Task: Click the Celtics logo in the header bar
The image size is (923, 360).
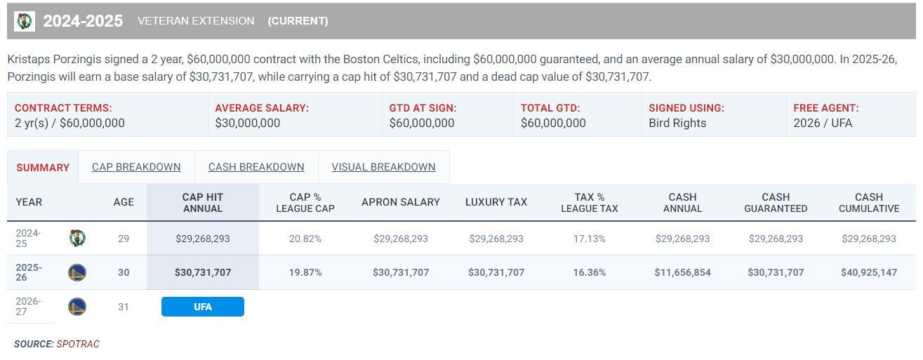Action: tap(25, 21)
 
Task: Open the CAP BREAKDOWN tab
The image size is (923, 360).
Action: tap(136, 167)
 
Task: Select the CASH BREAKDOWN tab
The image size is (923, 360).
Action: tap(256, 167)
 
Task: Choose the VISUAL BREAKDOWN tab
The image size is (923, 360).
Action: tap(383, 167)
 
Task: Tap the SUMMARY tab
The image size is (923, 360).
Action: tap(43, 168)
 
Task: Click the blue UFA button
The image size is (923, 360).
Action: tap(203, 307)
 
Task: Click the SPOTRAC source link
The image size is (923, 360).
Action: tap(78, 344)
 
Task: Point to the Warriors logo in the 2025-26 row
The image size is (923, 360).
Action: tap(77, 272)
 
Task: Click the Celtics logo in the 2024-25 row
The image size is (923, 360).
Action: tap(77, 238)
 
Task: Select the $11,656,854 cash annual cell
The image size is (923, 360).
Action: tap(682, 272)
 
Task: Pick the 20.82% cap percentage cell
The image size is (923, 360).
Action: tap(305, 239)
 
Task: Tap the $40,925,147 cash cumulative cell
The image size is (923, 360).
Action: tap(869, 272)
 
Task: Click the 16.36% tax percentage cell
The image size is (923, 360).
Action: tap(589, 272)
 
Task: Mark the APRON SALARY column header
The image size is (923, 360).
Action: tap(401, 202)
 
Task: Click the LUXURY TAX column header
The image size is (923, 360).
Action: tap(496, 202)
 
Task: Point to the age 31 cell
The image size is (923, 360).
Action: tap(124, 307)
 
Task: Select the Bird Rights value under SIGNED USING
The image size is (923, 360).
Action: tap(677, 123)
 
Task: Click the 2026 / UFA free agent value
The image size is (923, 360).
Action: tap(823, 123)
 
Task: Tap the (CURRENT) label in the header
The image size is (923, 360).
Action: tap(298, 21)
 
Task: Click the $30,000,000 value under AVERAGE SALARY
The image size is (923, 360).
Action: tap(248, 123)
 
